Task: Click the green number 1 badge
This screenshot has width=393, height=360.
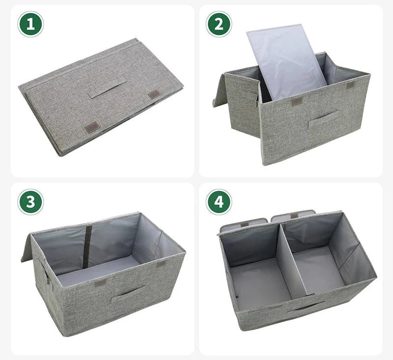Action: (30, 25)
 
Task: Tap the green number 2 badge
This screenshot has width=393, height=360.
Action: (219, 25)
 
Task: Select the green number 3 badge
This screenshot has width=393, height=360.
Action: (30, 202)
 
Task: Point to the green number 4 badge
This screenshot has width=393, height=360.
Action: (219, 202)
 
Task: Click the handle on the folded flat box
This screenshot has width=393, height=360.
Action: (108, 89)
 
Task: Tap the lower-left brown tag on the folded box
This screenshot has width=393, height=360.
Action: (92, 128)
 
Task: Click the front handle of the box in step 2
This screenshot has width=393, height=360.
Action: (323, 119)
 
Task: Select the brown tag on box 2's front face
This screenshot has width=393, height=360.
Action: (297, 103)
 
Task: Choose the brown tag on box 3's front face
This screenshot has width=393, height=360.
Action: (101, 283)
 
